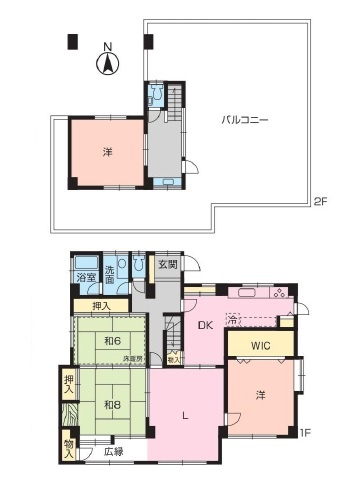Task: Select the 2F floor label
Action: click(x=319, y=201)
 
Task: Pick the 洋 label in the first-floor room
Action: click(x=259, y=392)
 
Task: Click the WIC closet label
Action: click(x=260, y=345)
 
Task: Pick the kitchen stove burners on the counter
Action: click(x=276, y=294)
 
